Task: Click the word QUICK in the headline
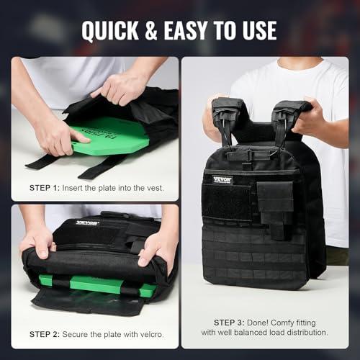110,30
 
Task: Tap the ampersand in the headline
151,30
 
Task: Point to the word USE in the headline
259,30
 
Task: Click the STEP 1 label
45,188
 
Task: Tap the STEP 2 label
45,334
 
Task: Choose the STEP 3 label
229,323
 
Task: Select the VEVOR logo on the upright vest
222,180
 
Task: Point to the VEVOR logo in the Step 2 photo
88,223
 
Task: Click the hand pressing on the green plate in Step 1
58,137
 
